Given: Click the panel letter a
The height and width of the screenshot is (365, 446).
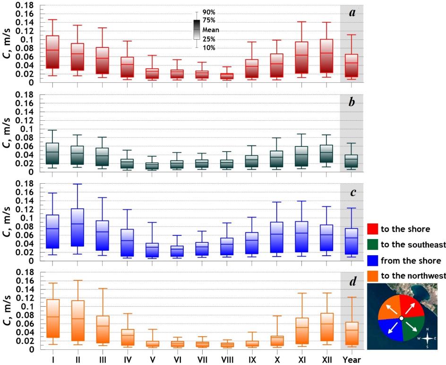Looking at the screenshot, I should (352, 13).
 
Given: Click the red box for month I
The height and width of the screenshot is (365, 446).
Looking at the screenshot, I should (52, 52).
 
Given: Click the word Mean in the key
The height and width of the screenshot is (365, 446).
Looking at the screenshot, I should (212, 30).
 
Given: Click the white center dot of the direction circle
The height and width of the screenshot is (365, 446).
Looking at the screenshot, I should (401, 318).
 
